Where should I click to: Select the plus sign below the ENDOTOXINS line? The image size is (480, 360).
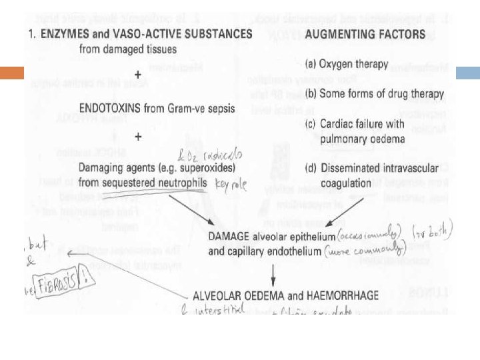(138, 136)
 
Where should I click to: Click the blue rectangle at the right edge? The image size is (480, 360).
(467, 73)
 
